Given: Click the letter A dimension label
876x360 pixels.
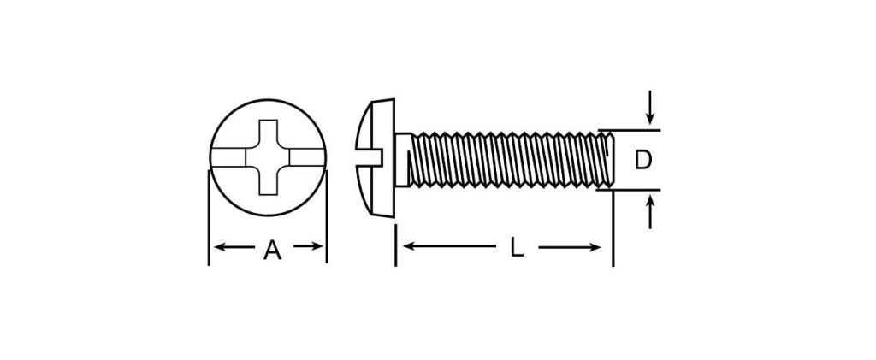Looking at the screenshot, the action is [272, 250].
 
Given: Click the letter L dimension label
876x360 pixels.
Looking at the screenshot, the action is [517, 247].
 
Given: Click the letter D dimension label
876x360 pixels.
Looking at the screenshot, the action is [643, 161].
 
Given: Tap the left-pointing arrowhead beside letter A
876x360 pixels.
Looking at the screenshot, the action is [220, 246].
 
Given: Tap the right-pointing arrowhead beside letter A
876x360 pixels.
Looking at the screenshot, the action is [317, 246].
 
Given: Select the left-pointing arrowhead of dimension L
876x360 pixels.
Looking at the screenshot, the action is [408, 246].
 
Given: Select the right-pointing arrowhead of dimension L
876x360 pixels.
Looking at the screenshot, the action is [595, 246].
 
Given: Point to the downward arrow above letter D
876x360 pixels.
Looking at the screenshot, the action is [649, 107].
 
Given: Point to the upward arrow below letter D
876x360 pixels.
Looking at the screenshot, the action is [650, 212].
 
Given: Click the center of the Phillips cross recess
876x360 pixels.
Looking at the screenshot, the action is [268, 157].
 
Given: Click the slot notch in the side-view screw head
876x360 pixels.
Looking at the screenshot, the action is [370, 157].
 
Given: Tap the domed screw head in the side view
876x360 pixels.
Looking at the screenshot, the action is [376, 157].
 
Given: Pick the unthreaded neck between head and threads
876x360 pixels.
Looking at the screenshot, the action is [402, 160].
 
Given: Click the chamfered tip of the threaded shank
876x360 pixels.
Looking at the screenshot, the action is [610, 160].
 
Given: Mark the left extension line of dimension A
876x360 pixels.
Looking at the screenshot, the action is [209, 218].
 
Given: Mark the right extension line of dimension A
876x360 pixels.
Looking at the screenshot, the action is [326, 216].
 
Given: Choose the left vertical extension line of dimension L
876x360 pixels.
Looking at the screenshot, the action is [395, 245].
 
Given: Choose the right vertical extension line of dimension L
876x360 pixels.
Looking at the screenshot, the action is [613, 228].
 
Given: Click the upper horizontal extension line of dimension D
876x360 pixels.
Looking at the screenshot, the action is [629, 130].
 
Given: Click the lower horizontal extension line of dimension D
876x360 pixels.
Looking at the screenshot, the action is [629, 190].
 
